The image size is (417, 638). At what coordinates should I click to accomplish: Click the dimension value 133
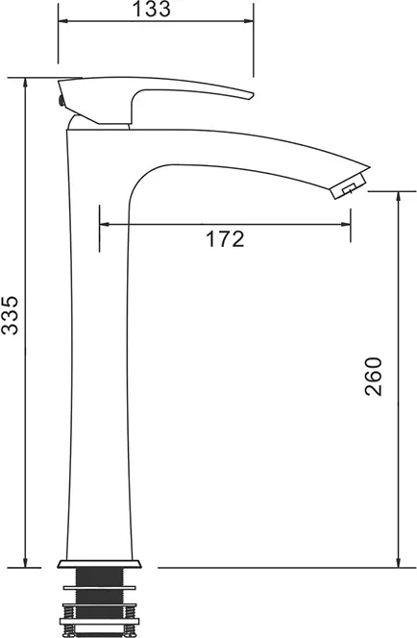coord(152,9)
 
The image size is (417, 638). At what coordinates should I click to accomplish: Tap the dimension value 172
coord(225,239)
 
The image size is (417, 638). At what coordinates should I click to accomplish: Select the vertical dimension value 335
coord(11,315)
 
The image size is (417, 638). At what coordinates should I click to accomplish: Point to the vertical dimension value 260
coord(374,377)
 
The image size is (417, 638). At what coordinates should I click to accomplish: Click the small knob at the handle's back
coord(61,100)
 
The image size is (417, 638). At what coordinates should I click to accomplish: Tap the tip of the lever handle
coord(253,95)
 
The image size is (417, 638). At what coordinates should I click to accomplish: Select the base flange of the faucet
coord(99,564)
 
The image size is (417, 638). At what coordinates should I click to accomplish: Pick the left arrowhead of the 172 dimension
coord(104,224)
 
